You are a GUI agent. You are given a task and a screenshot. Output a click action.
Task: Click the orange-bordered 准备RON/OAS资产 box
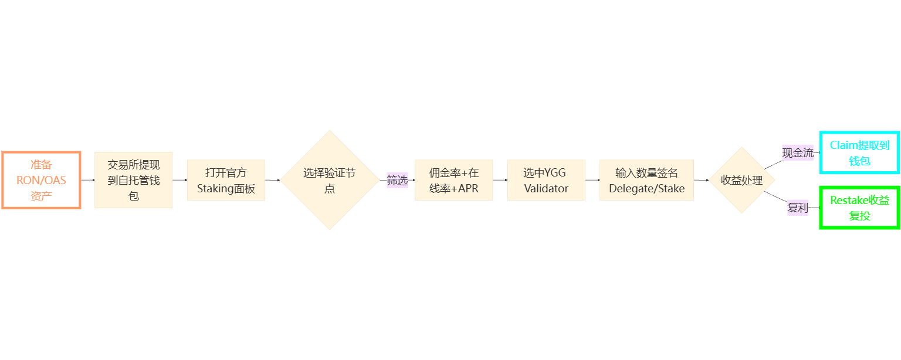click(41, 180)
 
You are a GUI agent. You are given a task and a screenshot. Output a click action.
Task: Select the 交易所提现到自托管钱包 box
click(133, 180)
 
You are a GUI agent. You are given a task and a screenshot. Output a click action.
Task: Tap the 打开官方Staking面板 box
click(226, 180)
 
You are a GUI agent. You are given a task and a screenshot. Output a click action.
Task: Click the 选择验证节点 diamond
click(329, 180)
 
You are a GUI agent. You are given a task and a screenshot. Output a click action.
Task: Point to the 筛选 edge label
click(397, 180)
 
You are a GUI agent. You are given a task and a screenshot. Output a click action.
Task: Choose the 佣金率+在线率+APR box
click(453, 180)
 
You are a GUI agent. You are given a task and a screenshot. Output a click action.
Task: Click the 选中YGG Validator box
click(546, 180)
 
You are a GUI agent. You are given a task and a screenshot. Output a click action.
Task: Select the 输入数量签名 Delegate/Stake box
click(646, 180)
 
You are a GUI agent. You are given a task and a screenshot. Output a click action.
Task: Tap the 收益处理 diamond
click(742, 180)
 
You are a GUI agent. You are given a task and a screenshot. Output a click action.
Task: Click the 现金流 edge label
click(798, 153)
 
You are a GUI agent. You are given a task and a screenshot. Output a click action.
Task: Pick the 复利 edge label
click(798, 208)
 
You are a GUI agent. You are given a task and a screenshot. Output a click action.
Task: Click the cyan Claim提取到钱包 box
click(859, 152)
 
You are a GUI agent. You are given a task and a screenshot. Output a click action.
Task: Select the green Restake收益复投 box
click(859, 208)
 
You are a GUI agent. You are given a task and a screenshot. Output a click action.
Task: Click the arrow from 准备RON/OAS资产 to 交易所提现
click(87, 180)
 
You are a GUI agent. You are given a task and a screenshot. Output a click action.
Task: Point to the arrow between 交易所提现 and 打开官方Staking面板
click(179, 180)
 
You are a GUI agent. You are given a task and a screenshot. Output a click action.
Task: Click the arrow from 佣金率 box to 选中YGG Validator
click(500, 180)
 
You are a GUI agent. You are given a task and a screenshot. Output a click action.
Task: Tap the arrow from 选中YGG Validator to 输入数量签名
click(592, 180)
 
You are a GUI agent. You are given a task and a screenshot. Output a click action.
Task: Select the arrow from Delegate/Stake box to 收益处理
click(702, 180)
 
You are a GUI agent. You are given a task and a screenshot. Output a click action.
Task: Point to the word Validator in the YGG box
click(546, 189)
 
